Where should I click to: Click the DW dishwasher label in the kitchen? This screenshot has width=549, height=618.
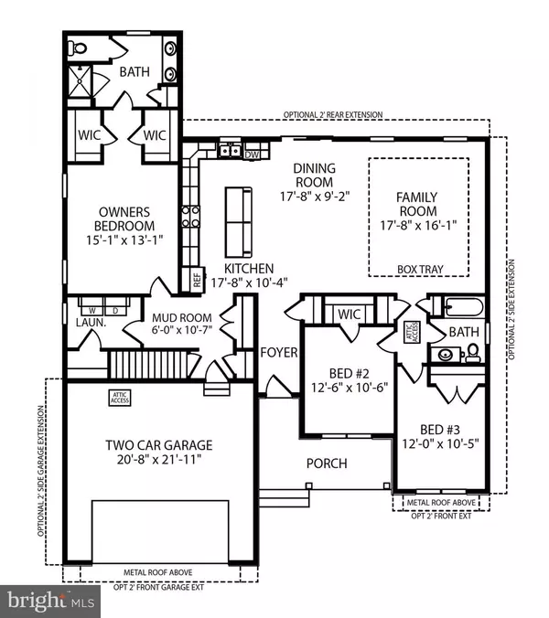252,154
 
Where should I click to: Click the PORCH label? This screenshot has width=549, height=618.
327,463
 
